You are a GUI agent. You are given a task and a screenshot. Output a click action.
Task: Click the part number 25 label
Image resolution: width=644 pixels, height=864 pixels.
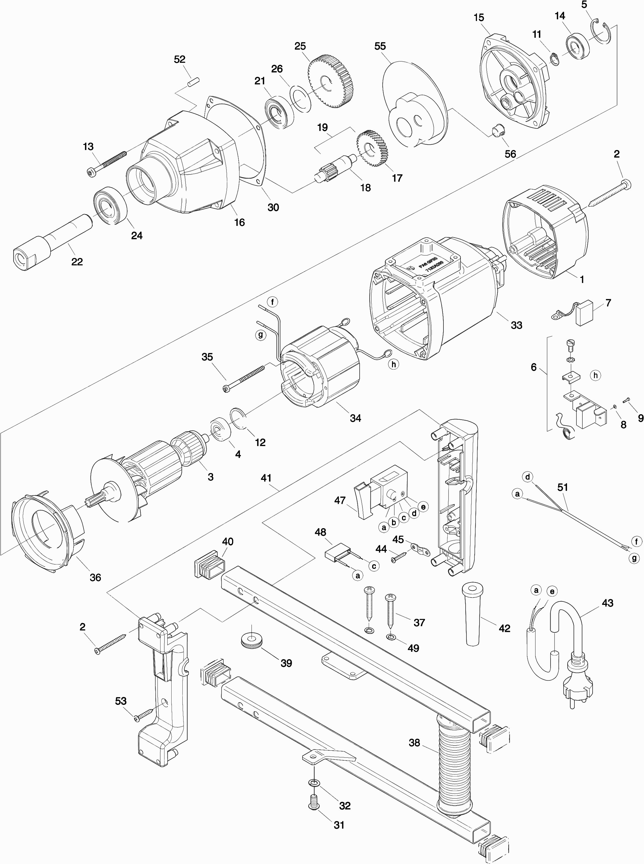click(300, 46)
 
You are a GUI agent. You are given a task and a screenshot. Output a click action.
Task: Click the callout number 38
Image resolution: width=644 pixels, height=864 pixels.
click(414, 743)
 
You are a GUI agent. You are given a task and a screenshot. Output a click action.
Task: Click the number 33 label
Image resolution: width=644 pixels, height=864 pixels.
click(516, 325)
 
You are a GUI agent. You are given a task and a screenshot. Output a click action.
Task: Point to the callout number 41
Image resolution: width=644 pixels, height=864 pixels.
click(266, 478)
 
